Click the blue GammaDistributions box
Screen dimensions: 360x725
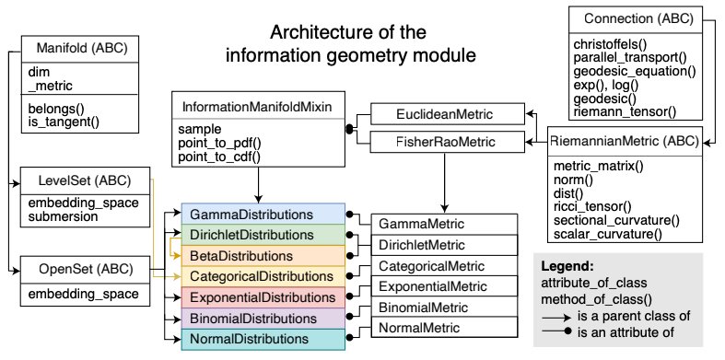(x=263, y=215)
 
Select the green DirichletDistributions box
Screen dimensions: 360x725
(x=263, y=235)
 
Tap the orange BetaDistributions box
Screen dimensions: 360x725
(x=263, y=255)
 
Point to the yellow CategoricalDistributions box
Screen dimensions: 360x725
(x=263, y=275)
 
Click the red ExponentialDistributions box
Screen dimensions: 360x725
(x=263, y=297)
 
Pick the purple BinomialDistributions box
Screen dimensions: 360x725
(x=263, y=319)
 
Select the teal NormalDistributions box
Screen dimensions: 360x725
(x=263, y=340)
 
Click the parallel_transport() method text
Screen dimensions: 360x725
(x=626, y=57)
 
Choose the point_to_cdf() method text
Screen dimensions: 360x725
(x=219, y=157)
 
